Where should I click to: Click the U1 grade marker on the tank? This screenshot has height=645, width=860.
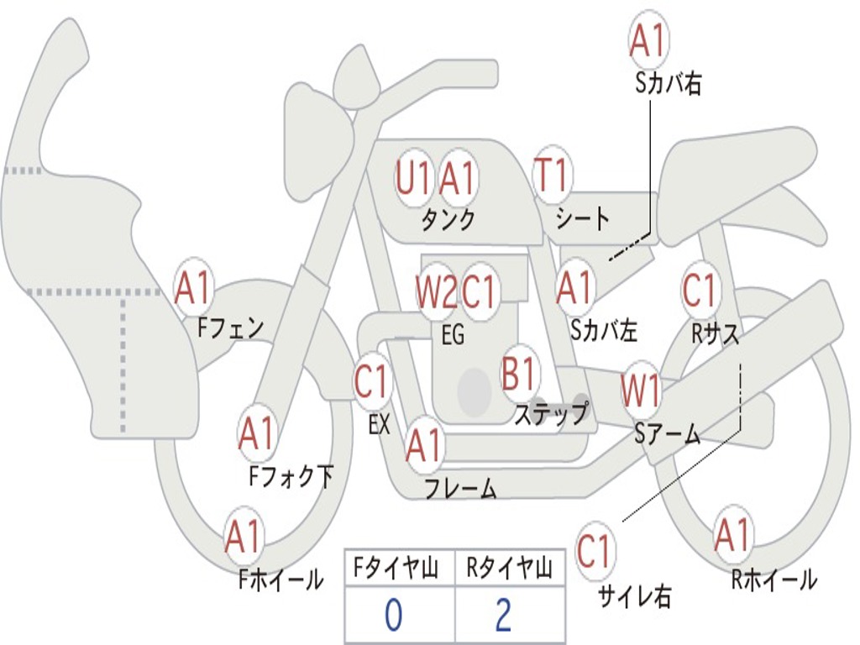click(414, 178)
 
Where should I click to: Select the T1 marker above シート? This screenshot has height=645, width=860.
click(553, 176)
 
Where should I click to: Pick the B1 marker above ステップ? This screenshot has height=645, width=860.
click(520, 373)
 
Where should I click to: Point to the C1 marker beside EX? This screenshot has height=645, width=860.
click(372, 383)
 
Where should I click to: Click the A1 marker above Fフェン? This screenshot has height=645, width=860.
click(194, 288)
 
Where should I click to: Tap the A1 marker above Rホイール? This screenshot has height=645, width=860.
click(732, 535)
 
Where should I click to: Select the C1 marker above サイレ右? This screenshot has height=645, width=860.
click(595, 552)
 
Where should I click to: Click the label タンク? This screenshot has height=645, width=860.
click(448, 220)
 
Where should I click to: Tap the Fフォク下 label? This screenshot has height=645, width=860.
click(291, 477)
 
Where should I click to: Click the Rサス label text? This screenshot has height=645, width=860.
click(716, 333)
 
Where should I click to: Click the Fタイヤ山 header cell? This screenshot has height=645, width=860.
click(399, 569)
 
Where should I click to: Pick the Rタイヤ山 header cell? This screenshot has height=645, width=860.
click(509, 569)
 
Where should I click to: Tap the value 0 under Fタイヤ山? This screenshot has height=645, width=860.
click(393, 616)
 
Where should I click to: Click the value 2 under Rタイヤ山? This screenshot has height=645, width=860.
click(503, 616)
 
